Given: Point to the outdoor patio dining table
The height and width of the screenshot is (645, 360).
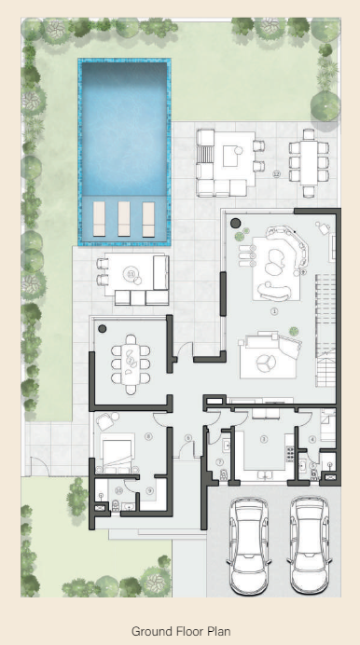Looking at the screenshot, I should coord(309,160).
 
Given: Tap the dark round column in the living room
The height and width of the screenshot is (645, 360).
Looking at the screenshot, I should coord(236,223).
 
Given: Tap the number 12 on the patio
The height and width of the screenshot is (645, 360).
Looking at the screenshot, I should coord(276,174).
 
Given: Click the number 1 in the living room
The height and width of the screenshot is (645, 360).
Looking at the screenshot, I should coord(274,311).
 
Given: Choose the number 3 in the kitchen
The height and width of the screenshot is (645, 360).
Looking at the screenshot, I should coord(264,438).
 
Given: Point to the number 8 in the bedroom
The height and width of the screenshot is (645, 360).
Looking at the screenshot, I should coord(149,436).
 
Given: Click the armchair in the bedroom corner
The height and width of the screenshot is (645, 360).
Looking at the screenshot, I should coord(105,421).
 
